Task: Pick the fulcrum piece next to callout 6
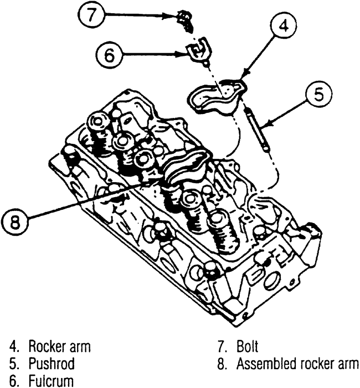(198, 50)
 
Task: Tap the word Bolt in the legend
(246, 348)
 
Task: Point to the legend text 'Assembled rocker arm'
(297, 364)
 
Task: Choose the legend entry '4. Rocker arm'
(50, 348)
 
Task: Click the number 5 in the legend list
(12, 364)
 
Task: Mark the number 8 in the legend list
(221, 364)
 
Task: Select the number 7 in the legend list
(221, 348)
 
